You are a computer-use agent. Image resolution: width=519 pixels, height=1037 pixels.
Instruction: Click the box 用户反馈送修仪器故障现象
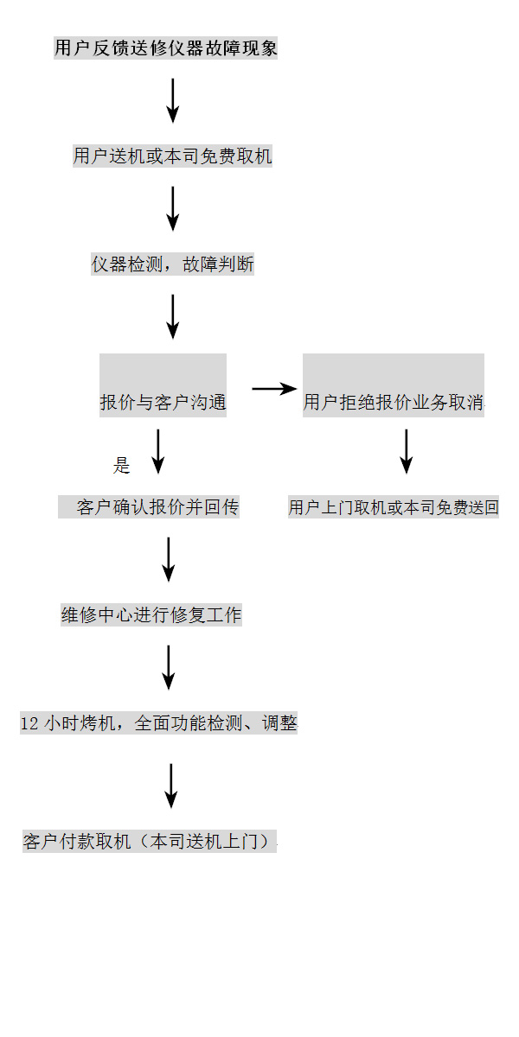(x=166, y=48)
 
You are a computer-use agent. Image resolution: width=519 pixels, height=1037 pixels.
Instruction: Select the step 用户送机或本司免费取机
(x=172, y=156)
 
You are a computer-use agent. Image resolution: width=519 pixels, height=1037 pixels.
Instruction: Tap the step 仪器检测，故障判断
(x=173, y=265)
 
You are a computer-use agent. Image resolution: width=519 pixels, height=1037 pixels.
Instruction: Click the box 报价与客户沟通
(x=163, y=386)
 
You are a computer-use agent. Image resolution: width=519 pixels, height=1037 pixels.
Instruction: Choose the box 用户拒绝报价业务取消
(x=393, y=386)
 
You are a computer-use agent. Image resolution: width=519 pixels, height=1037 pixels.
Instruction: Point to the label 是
(x=121, y=467)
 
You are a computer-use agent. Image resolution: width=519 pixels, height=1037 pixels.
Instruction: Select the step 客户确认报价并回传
(x=149, y=507)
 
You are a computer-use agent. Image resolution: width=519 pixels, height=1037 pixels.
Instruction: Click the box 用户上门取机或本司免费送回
(x=394, y=508)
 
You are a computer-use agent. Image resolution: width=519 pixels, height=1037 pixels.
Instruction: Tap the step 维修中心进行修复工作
(x=151, y=615)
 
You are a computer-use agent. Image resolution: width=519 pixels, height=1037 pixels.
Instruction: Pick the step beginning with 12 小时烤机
(x=158, y=723)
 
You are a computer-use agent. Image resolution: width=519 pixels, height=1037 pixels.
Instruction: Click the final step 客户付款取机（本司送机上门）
(x=150, y=841)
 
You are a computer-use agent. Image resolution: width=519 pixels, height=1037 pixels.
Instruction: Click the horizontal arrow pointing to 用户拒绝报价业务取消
(x=273, y=389)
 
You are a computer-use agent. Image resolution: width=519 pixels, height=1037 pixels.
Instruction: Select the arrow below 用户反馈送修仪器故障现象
(x=173, y=100)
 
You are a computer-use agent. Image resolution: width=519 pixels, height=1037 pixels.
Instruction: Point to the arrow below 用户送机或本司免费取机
(x=173, y=208)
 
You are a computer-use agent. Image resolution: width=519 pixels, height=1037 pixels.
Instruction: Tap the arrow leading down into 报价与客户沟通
(x=173, y=316)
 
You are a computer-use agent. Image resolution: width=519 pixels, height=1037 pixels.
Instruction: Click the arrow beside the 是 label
(x=157, y=451)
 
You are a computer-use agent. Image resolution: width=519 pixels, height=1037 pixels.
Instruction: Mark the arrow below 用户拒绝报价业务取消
(x=406, y=451)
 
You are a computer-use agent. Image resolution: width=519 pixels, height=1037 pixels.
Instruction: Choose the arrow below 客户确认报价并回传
(x=169, y=559)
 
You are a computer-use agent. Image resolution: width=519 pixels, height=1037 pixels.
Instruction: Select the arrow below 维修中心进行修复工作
(x=169, y=667)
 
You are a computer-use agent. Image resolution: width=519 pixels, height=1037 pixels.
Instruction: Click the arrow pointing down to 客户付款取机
(x=171, y=786)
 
